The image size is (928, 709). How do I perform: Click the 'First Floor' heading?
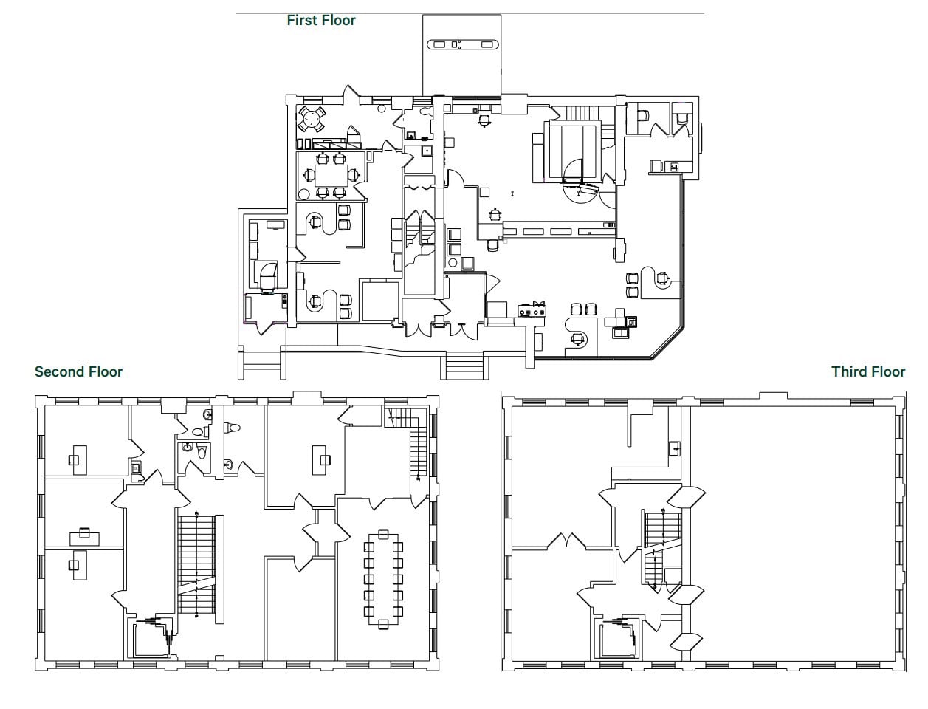click(321, 21)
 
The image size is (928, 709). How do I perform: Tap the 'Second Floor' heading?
click(78, 371)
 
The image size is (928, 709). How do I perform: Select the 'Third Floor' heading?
click(867, 371)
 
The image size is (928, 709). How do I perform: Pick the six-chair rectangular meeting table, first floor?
click(330, 175)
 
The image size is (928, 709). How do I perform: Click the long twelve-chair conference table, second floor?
click(382, 578)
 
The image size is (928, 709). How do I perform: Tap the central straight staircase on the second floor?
click(196, 565)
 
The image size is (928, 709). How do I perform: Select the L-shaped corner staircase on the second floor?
click(419, 443)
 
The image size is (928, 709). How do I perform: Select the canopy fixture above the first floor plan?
click(463, 44)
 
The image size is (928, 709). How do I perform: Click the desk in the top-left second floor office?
click(78, 459)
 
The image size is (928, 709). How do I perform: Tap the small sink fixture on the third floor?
click(674, 448)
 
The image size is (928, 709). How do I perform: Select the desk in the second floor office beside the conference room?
click(320, 459)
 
